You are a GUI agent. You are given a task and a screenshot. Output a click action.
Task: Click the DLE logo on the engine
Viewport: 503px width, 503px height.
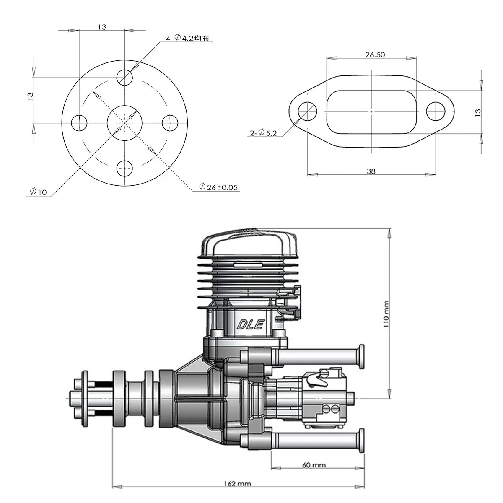pyautogui.click(x=250, y=324)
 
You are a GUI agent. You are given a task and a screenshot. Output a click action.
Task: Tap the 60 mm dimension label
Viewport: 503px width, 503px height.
pyautogui.click(x=313, y=465)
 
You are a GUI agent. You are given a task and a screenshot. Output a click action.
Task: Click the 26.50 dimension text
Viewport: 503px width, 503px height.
pyautogui.click(x=375, y=54)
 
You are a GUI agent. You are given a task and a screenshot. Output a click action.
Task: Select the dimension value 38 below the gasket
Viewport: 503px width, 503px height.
pyautogui.click(x=371, y=171)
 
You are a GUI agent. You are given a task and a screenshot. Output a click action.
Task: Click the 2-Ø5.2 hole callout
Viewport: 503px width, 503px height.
pyautogui.click(x=263, y=133)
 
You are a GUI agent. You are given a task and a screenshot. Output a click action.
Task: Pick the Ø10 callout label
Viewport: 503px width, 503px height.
pyautogui.click(x=38, y=192)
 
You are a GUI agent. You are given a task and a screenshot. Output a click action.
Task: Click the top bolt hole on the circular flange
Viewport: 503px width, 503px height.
pyautogui.click(x=125, y=77)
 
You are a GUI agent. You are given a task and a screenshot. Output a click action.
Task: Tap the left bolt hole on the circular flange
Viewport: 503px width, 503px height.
pyautogui.click(x=79, y=123)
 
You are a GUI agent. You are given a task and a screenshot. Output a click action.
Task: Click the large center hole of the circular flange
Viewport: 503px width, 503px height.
pyautogui.click(x=125, y=123)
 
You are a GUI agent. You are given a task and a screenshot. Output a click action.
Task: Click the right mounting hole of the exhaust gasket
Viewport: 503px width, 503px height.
pyautogui.click(x=436, y=111)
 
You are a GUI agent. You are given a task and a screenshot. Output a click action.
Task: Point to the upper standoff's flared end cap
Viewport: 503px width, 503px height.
pyautogui.click(x=360, y=356)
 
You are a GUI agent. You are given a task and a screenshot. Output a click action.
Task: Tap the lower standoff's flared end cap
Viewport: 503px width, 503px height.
pyautogui.click(x=360, y=441)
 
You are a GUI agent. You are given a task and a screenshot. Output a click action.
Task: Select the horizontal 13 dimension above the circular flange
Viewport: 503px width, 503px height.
pyautogui.click(x=102, y=27)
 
